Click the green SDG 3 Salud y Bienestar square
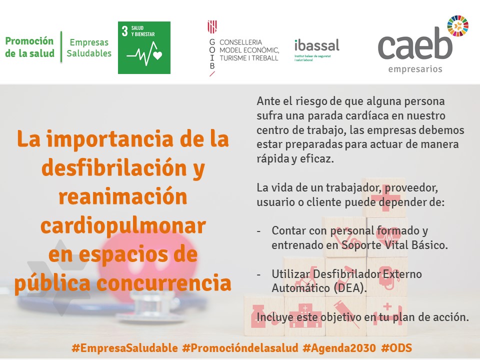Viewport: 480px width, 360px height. pyautogui.click(x=144, y=48)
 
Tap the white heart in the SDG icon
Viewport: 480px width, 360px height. pyautogui.click(x=157, y=55)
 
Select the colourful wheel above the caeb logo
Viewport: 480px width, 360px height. pyautogui.click(x=457, y=26)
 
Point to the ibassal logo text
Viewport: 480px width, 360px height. pyautogui.click(x=317, y=45)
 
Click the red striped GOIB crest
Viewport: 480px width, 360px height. pyautogui.click(x=212, y=27)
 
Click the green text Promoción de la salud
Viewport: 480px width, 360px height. pyautogui.click(x=29, y=47)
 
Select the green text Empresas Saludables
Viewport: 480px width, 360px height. pyautogui.click(x=89, y=48)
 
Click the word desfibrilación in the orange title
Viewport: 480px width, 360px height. pyautogui.click(x=114, y=168)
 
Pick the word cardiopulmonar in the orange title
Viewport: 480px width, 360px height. pyautogui.click(x=123, y=226)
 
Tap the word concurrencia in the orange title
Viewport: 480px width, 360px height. pyautogui.click(x=164, y=283)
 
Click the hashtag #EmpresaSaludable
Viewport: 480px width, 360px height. pyautogui.click(x=124, y=348)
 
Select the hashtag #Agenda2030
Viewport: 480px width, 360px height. pyautogui.click(x=339, y=348)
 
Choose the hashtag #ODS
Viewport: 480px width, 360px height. pyautogui.click(x=396, y=348)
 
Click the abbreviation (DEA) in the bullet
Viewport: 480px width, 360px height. pyautogui.click(x=350, y=288)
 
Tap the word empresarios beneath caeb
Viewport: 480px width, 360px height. pyautogui.click(x=415, y=69)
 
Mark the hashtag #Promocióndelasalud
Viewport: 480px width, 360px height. pyautogui.click(x=240, y=348)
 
